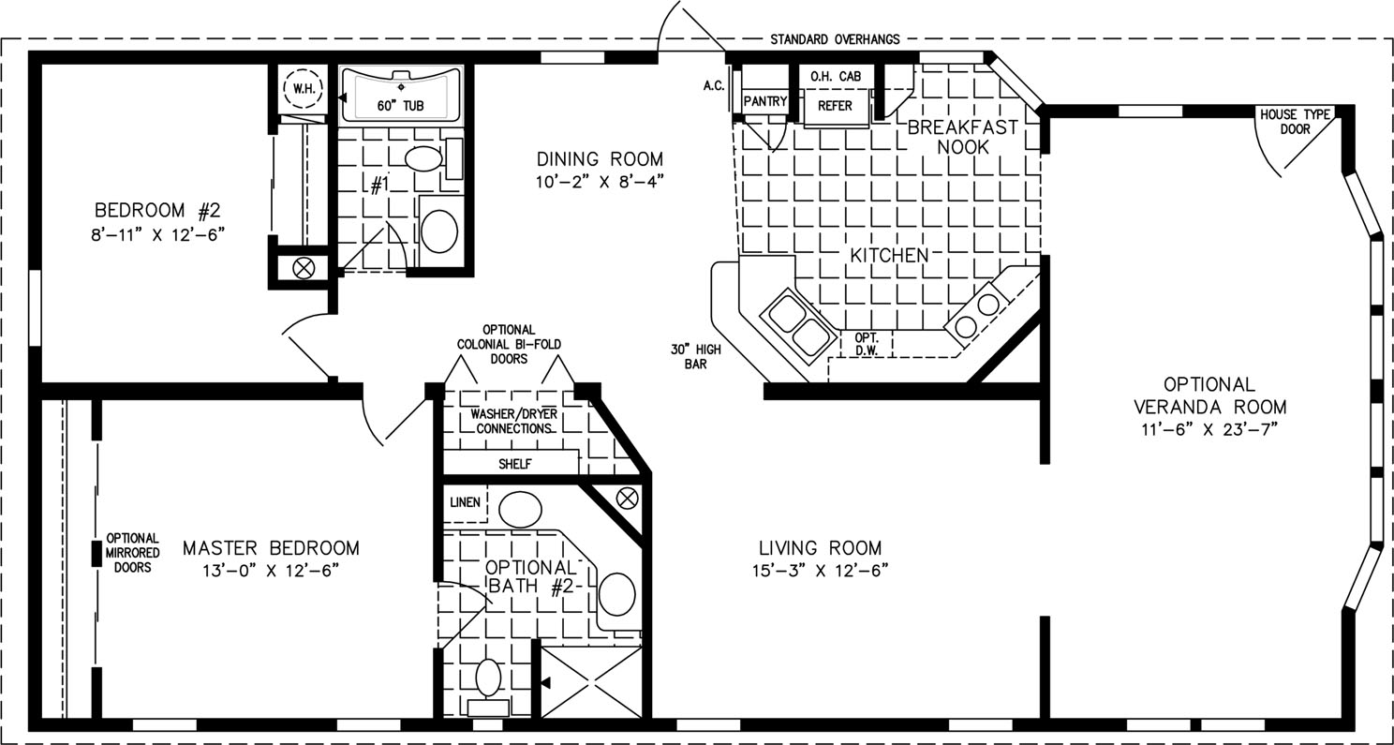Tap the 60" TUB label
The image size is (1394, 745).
pyautogui.click(x=400, y=106)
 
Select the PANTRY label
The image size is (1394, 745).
pyautogui.click(x=765, y=101)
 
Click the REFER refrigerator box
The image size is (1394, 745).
pyautogui.click(x=835, y=107)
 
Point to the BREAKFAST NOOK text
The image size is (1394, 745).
pyautogui.click(x=963, y=137)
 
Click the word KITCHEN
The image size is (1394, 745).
pyautogui.click(x=889, y=255)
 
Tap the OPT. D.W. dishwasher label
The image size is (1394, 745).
pyautogui.click(x=867, y=344)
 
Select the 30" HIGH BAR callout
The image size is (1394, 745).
pyautogui.click(x=696, y=357)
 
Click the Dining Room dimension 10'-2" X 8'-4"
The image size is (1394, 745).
pyautogui.click(x=600, y=182)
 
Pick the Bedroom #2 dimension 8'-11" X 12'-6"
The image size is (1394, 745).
pyautogui.click(x=157, y=235)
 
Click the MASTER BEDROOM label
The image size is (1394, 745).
pyautogui.click(x=272, y=548)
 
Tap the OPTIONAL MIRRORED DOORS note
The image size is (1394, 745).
pyautogui.click(x=132, y=553)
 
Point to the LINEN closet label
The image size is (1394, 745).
pyautogui.click(x=465, y=502)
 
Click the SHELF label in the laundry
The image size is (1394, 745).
pyautogui.click(x=515, y=464)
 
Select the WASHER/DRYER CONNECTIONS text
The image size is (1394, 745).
pyautogui.click(x=514, y=422)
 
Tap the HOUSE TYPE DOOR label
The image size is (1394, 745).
pyautogui.click(x=1295, y=122)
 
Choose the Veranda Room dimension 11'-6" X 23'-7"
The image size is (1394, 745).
pyautogui.click(x=1210, y=430)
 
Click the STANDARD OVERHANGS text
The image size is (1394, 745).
pyautogui.click(x=835, y=40)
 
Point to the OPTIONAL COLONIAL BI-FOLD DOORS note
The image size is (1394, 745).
pyautogui.click(x=509, y=344)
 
